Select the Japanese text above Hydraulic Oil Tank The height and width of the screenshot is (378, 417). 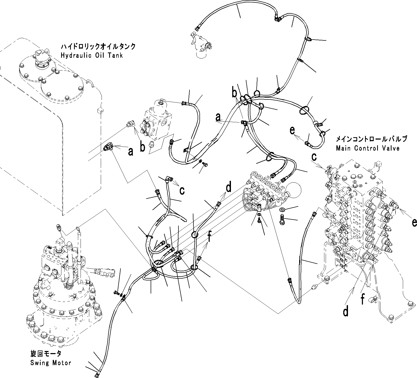[98, 47]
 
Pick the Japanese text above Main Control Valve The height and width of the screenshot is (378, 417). [372, 139]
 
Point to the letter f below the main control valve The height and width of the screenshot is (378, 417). [363, 299]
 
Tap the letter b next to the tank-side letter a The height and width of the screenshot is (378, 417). [142, 148]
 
